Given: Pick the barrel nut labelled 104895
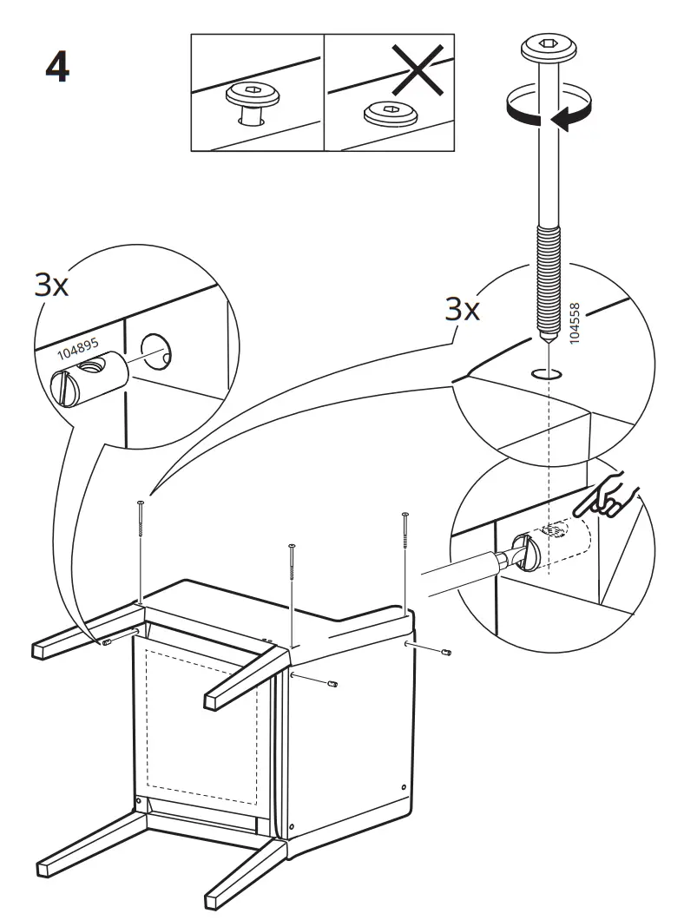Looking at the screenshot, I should click(x=90, y=382).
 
